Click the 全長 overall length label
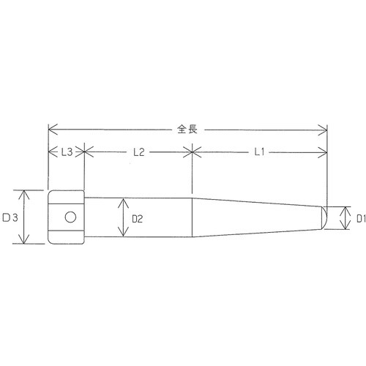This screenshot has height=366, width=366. (x=187, y=130)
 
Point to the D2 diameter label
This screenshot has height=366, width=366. (x=137, y=217)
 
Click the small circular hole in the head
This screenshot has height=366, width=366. (x=69, y=217)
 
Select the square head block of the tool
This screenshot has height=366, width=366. (x=66, y=217)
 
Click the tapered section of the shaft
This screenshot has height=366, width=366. (x=256, y=217)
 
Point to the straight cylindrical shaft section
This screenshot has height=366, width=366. (x=154, y=217)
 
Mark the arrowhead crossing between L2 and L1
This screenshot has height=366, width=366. (x=192, y=152)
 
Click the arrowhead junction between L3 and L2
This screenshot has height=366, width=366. (x=85, y=152)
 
